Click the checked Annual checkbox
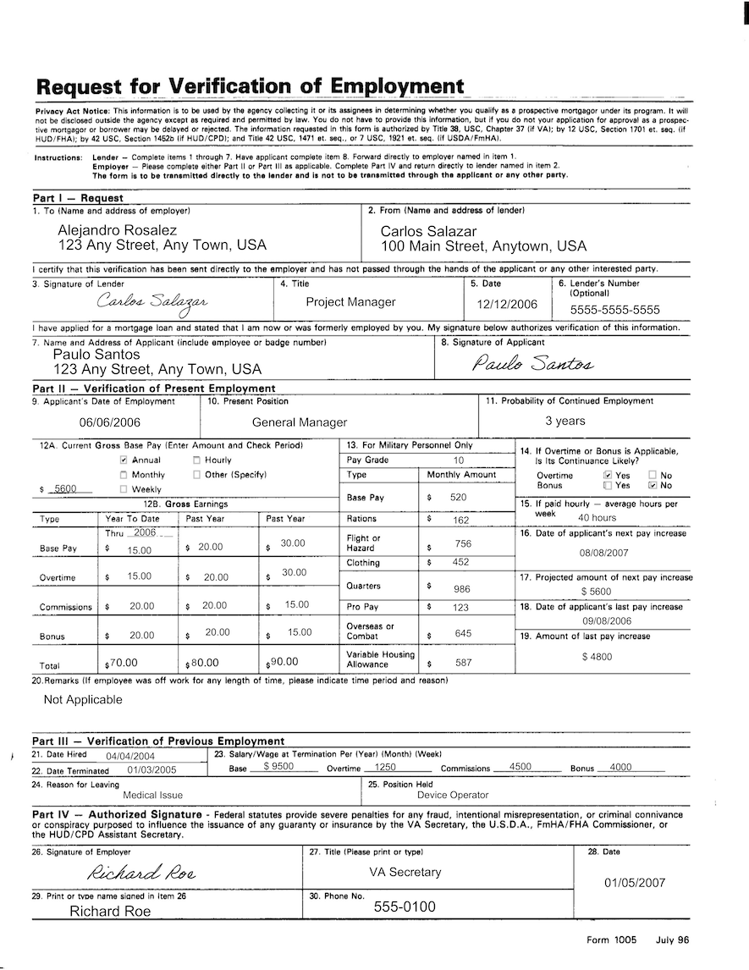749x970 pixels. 124,460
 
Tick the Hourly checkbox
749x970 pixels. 196,460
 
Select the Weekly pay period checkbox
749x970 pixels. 124,489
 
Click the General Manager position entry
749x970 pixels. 300,422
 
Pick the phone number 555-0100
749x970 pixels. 405,907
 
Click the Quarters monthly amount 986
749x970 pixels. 461,588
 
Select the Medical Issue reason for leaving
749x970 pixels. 152,795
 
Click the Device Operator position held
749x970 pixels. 453,795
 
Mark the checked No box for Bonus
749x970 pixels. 653,486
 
